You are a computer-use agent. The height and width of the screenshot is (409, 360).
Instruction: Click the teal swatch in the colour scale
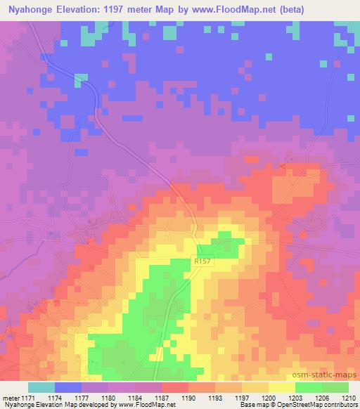pos(41,387)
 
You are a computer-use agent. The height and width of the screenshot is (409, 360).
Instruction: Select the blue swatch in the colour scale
pos(68,387)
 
